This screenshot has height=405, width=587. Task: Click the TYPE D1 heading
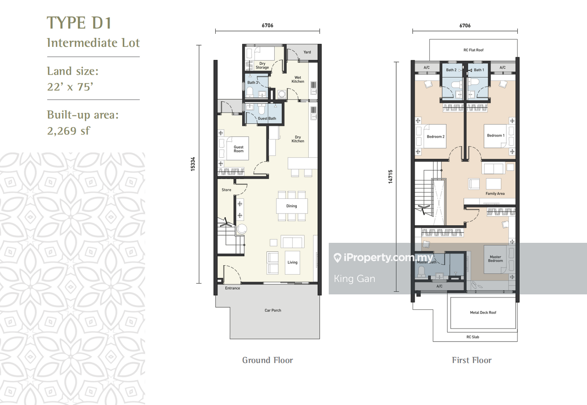click(x=79, y=23)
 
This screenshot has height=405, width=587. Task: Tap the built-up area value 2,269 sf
click(x=68, y=131)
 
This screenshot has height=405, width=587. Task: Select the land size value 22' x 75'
click(x=70, y=87)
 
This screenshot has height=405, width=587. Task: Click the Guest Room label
click(x=238, y=149)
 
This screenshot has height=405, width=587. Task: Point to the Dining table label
click(x=291, y=206)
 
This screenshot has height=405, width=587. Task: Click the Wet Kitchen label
click(x=298, y=79)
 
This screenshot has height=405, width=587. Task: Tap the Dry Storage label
click(x=262, y=66)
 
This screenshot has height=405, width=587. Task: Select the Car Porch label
click(x=273, y=310)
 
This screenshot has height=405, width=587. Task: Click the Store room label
click(x=226, y=190)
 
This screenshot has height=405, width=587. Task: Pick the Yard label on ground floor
click(x=307, y=52)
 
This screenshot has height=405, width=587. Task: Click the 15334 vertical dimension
click(x=193, y=164)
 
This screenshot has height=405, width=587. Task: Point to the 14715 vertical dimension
click(x=390, y=177)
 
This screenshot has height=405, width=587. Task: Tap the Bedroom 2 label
click(x=435, y=137)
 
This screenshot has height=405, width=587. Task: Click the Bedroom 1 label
click(x=495, y=136)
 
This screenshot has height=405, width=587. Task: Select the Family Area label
click(x=495, y=194)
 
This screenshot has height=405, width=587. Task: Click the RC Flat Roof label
click(x=473, y=50)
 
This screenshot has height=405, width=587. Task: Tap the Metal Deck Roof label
click(x=483, y=313)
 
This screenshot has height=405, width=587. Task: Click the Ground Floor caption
click(x=267, y=360)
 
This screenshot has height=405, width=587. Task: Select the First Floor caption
click(x=472, y=360)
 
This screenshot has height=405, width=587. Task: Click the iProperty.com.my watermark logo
click(x=383, y=258)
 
